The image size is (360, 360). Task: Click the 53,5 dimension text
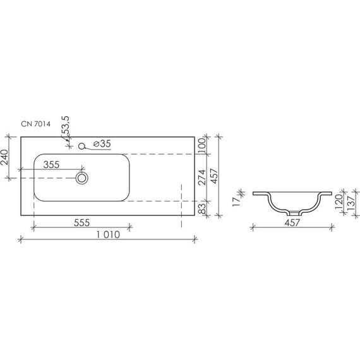click(65, 126)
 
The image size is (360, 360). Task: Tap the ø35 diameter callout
click(102, 145)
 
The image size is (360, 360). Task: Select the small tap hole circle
click(81, 146)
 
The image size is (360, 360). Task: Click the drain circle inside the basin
click(81, 178)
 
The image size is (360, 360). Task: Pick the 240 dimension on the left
click(5, 157)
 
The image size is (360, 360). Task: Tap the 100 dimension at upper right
click(202, 145)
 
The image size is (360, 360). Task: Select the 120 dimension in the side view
click(339, 202)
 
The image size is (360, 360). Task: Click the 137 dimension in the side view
click(349, 202)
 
